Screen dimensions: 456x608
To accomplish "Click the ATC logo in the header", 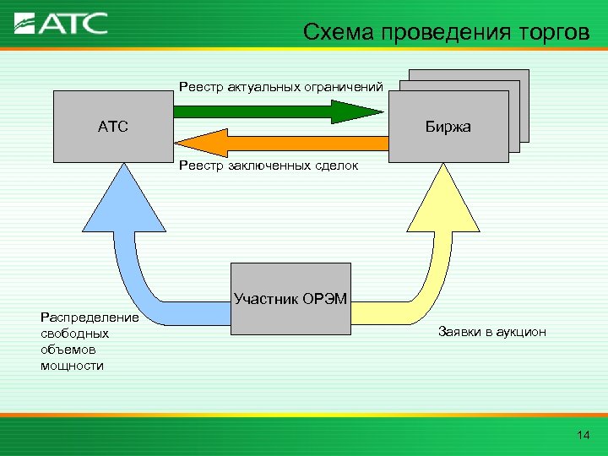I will tap(62, 22).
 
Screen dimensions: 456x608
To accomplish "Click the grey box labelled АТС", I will tap(112, 127).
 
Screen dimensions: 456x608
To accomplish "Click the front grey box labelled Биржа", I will tap(448, 127).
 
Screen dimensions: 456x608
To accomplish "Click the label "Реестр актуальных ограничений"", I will tap(280, 86).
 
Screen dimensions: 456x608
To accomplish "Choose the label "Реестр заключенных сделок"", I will tap(268, 166).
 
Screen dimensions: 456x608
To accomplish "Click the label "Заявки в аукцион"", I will tap(492, 332).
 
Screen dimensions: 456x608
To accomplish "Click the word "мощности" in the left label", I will tap(72, 366).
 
